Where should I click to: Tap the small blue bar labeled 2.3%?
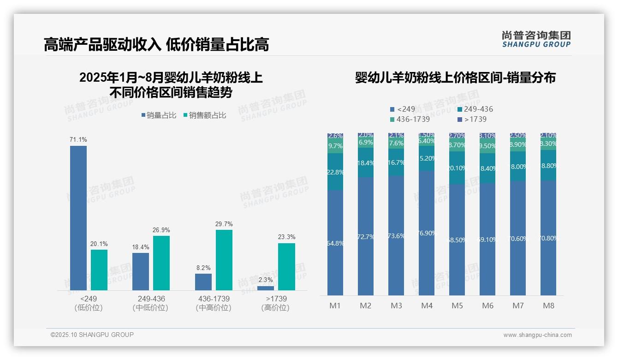coord(266,288)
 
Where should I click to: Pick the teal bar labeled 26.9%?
coord(161,263)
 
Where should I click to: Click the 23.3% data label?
coord(287,237)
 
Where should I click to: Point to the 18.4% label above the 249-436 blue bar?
coord(141,247)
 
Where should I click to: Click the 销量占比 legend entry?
coord(159,115)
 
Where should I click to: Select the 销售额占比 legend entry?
coord(205,115)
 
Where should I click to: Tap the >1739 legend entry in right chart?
coord(472,119)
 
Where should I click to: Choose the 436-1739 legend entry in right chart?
coord(410,119)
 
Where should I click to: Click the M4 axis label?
coord(427,306)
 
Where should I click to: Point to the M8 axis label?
coord(548,306)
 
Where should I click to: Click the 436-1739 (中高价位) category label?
coord(213,303)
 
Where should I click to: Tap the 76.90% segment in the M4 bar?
coord(427,233)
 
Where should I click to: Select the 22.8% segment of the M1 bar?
coord(335,172)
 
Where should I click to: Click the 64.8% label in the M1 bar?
coord(336,243)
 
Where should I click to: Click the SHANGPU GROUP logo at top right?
coord(536,39)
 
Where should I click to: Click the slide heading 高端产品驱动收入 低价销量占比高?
coord(156,45)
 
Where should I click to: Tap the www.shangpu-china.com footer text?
coord(537,335)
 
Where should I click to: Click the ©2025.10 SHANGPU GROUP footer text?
coord(92,335)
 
